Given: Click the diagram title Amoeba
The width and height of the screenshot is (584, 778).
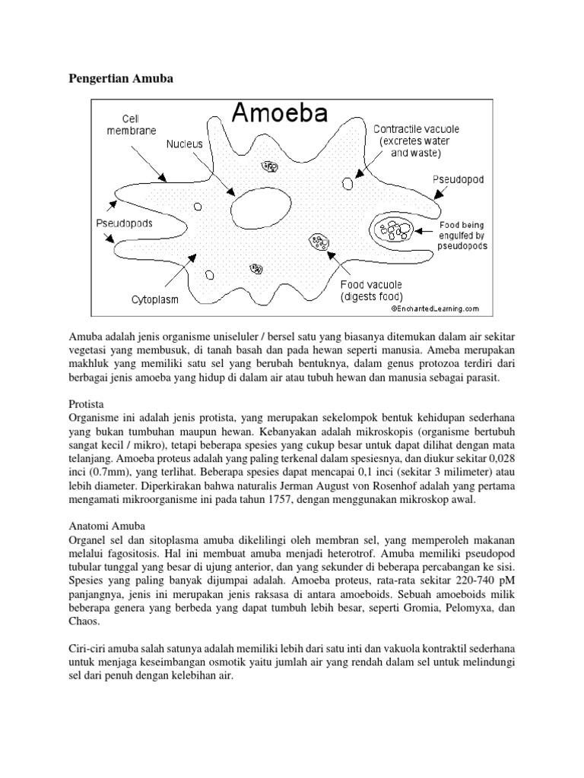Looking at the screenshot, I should (x=279, y=115).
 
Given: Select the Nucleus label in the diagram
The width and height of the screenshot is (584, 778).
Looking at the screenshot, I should (x=186, y=142).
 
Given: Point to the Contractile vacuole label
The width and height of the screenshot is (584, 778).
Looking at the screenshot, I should (x=414, y=141).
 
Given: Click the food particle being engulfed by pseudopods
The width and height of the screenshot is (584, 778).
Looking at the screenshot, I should (x=395, y=229).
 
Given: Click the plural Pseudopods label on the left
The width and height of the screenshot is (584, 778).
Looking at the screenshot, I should (x=124, y=223).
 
